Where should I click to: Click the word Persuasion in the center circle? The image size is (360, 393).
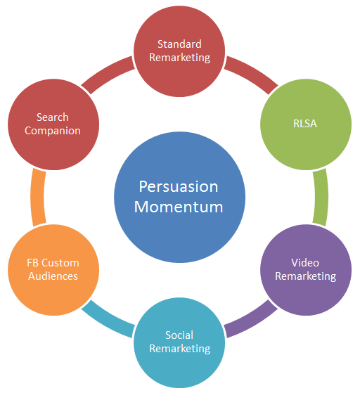pos(179,187)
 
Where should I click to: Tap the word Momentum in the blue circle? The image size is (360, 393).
pos(179,207)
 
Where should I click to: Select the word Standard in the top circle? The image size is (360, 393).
pos(179,44)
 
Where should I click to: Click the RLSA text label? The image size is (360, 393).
pos(305,124)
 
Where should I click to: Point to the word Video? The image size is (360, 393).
pos(305,263)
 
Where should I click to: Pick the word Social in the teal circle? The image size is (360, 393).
pos(179,335)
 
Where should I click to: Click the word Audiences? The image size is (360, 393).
pos(53,276)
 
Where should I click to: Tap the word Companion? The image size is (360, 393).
pos(53,131)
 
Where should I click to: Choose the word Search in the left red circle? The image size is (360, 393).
pos(53,117)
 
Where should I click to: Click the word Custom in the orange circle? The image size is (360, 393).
pos(60,263)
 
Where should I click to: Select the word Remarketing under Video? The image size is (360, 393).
pos(306,276)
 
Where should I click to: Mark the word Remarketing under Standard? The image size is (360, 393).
pos(180,58)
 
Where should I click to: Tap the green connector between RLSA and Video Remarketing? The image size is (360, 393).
pos(321,197)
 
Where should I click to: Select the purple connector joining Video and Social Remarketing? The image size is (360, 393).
pos(251,320)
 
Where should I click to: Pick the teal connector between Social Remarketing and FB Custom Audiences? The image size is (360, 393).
pos(108,320)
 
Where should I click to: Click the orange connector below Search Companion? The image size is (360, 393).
pos(37,197)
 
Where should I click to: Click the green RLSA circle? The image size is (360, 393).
pos(306,124)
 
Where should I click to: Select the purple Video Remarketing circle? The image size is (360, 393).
pos(306,270)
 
